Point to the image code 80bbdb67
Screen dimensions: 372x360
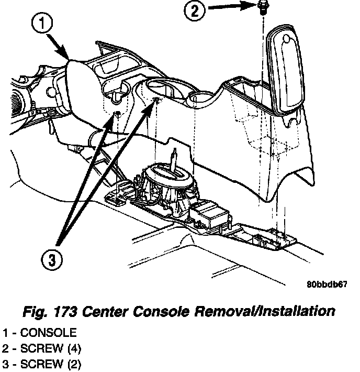pos(327,285)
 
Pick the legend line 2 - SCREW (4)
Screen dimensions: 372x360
pos(42,348)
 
